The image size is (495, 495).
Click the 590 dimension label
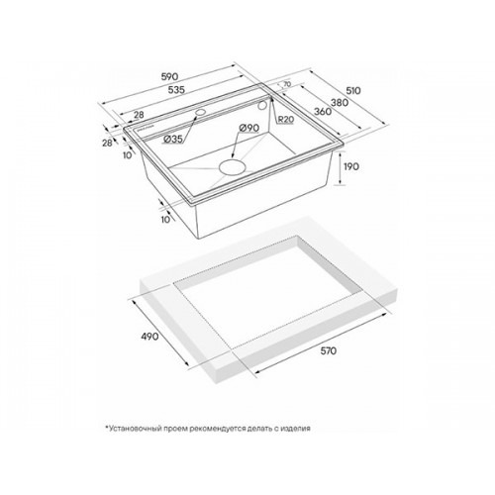point(169,76)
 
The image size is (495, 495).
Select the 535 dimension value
point(176,90)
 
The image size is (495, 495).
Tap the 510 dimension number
point(353,90)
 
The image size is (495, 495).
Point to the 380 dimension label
point(340,103)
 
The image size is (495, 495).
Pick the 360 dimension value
point(323,112)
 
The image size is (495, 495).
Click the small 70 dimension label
point(287,84)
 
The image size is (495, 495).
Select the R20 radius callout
point(285,120)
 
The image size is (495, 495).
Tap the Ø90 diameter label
point(248,128)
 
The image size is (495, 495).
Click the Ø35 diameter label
point(172,140)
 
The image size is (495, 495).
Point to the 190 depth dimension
point(351,166)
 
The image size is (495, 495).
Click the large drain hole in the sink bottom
point(233,167)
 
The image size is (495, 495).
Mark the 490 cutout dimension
point(149,337)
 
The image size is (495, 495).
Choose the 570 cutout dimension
point(328,350)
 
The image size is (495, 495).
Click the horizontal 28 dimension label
point(139,115)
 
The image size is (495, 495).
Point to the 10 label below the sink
point(166,219)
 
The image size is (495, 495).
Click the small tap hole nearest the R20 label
point(263,105)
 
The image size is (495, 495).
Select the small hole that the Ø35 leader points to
point(200,112)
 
